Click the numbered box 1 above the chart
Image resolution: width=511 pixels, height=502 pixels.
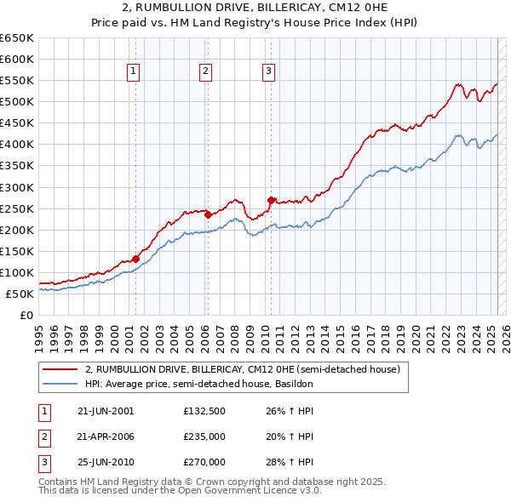click(135, 72)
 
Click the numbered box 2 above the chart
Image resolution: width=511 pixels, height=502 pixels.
click(206, 72)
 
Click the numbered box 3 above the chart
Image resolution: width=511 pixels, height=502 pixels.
click(268, 72)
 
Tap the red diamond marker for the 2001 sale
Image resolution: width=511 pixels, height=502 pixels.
click(135, 249)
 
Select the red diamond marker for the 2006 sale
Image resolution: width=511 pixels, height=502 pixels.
click(208, 214)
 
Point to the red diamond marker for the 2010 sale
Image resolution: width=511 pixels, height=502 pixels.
click(271, 201)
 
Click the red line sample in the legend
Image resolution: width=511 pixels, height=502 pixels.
click(60, 369)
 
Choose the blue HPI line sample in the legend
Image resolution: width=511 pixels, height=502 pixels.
click(60, 384)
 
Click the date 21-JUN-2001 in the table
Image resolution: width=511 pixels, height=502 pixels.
click(106, 411)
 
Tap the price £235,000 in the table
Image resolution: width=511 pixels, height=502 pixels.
click(204, 436)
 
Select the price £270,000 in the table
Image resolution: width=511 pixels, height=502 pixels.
click(204, 462)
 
